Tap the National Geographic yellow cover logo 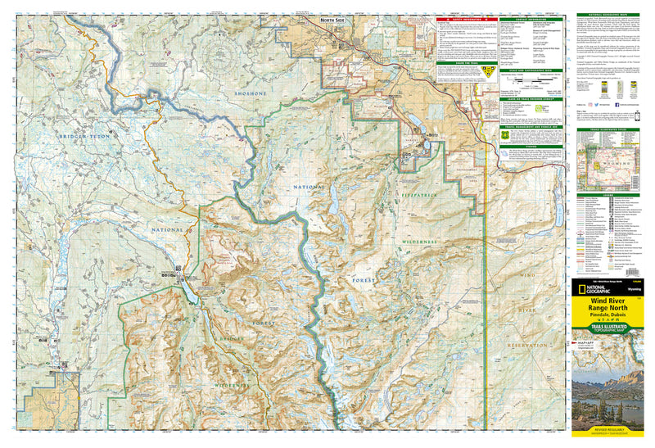tap(591, 290)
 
